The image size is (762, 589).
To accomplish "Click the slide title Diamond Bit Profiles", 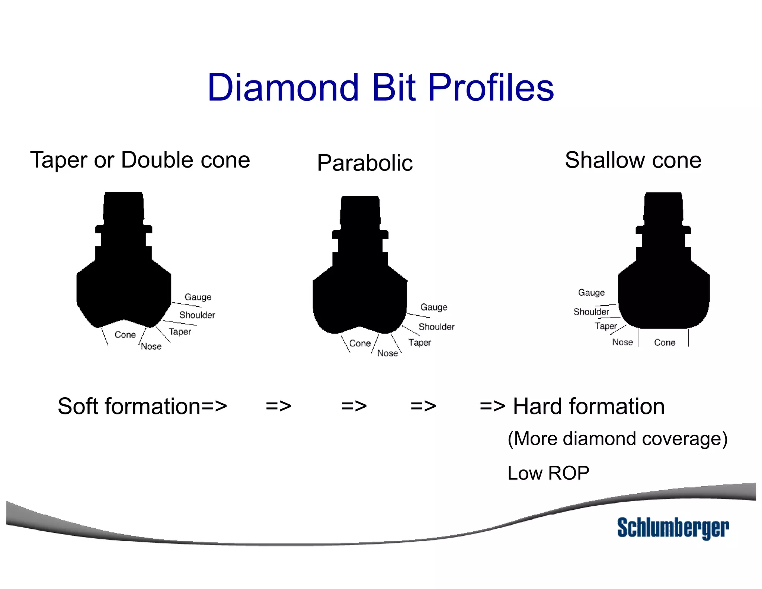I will pos(380,88).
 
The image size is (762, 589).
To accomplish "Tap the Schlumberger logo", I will pos(673,528).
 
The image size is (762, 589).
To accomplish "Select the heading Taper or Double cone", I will pos(140,160).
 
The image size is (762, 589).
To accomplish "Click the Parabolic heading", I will pos(365,163).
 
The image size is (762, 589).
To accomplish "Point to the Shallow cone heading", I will pos(633,160).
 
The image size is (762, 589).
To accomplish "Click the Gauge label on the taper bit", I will pos(198,297).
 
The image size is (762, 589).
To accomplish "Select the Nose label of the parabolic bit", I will pos(387,353).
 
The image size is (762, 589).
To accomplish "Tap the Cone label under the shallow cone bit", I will pos(665,343).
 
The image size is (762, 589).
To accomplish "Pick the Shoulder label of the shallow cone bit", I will pos(591,312).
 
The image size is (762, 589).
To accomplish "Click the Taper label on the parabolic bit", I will pos(419,343).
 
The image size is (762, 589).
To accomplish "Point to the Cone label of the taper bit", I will pos(125,335).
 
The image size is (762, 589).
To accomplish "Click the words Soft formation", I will pos(129,406).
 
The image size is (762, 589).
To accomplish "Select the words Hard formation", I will pos(589,406).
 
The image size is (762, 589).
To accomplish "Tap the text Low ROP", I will pos(548,473).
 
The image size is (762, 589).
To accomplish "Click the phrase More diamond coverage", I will pos(617,439).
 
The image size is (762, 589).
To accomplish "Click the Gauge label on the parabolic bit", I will pos(434,307).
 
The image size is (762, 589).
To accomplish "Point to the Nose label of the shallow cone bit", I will pos(622,342).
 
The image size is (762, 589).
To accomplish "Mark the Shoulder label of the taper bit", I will pos(197,315).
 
